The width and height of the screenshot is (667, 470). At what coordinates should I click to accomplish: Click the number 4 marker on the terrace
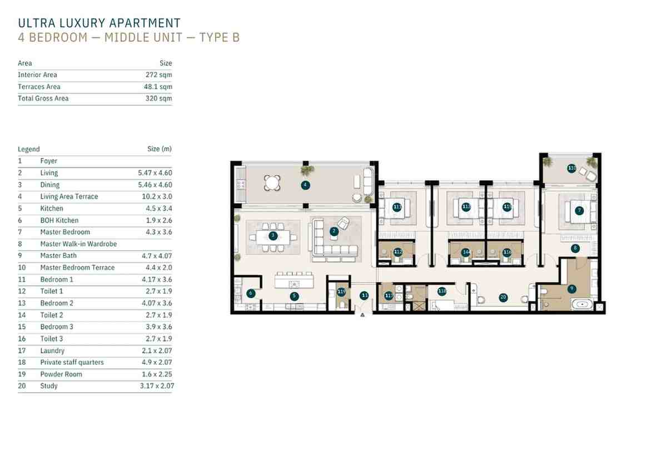point(305,185)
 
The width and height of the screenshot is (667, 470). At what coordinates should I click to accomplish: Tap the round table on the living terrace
point(272,182)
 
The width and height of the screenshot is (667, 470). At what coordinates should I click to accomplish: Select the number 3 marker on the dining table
point(273,236)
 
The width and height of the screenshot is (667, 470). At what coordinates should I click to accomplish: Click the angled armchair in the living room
point(343,223)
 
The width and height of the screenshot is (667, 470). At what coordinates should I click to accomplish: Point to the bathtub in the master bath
point(583,304)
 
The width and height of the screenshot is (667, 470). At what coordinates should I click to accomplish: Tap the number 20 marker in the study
point(503,297)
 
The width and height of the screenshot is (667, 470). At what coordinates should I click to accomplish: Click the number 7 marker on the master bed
point(579,211)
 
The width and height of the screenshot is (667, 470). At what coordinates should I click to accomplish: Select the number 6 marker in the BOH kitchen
point(251,293)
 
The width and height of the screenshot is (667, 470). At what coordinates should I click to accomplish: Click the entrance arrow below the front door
point(362,315)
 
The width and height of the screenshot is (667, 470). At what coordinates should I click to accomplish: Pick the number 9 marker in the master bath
point(571,289)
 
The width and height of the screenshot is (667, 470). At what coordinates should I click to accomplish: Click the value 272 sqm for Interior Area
point(159,75)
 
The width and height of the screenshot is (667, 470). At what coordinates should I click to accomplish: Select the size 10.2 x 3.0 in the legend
point(157,196)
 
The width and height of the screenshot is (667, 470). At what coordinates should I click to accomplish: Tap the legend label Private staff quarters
point(72,362)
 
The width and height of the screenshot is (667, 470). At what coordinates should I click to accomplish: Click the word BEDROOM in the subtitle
point(58,38)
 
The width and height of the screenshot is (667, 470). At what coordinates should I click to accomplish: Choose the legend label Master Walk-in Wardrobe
point(78,244)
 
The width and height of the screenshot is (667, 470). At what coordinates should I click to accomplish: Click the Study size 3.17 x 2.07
point(157,385)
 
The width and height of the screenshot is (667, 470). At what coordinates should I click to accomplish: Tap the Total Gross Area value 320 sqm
point(159,98)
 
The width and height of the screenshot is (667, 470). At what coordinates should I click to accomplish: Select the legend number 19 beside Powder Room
point(22,374)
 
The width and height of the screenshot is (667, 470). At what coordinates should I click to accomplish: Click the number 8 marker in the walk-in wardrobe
point(575,248)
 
